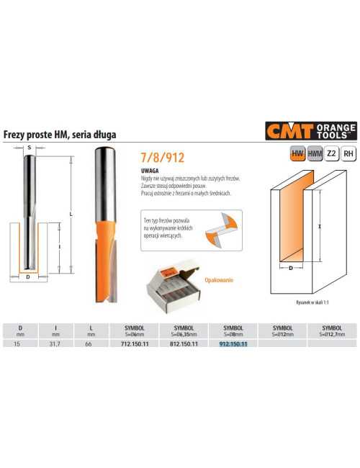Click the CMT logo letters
pyautogui.click(x=287, y=132)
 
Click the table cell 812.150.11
pyautogui.click(x=182, y=344)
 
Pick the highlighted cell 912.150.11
pyautogui.click(x=233, y=344)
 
